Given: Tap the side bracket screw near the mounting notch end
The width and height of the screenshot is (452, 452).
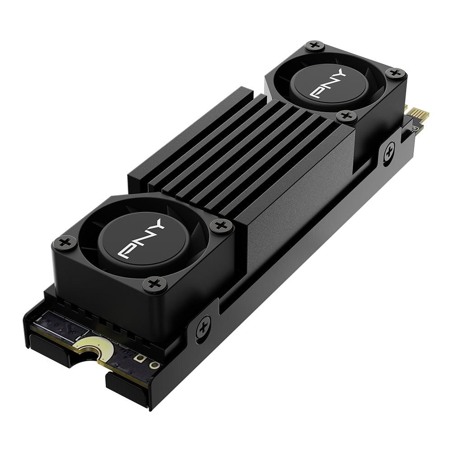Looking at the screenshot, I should click(x=203, y=324).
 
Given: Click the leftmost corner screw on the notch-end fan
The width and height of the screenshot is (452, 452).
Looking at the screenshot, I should click(x=62, y=243).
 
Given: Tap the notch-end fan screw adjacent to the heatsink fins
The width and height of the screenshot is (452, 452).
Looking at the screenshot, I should click(x=221, y=225).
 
